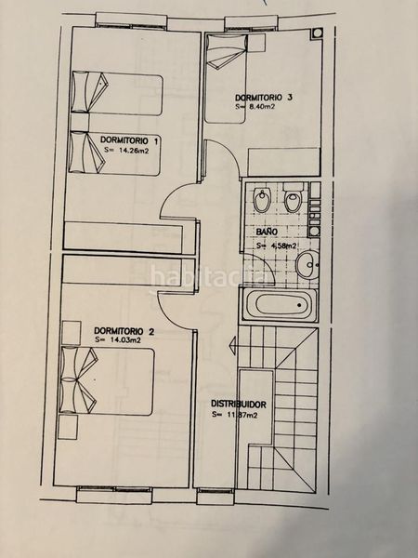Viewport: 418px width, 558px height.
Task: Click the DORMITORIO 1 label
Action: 130,139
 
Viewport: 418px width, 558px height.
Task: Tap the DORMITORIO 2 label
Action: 124,331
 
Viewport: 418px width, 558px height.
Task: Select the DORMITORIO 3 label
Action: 264,97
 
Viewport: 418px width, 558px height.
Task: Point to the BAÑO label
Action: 267,232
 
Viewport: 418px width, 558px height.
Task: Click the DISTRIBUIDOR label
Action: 239,405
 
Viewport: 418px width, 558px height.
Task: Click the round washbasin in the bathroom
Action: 307,265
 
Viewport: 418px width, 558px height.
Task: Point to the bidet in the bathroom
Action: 263,199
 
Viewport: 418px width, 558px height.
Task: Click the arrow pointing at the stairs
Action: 233,345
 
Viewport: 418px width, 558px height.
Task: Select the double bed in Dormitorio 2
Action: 107,381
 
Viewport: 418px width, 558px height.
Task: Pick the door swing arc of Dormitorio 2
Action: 171,314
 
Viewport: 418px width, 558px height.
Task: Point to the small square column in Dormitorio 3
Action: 317,33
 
